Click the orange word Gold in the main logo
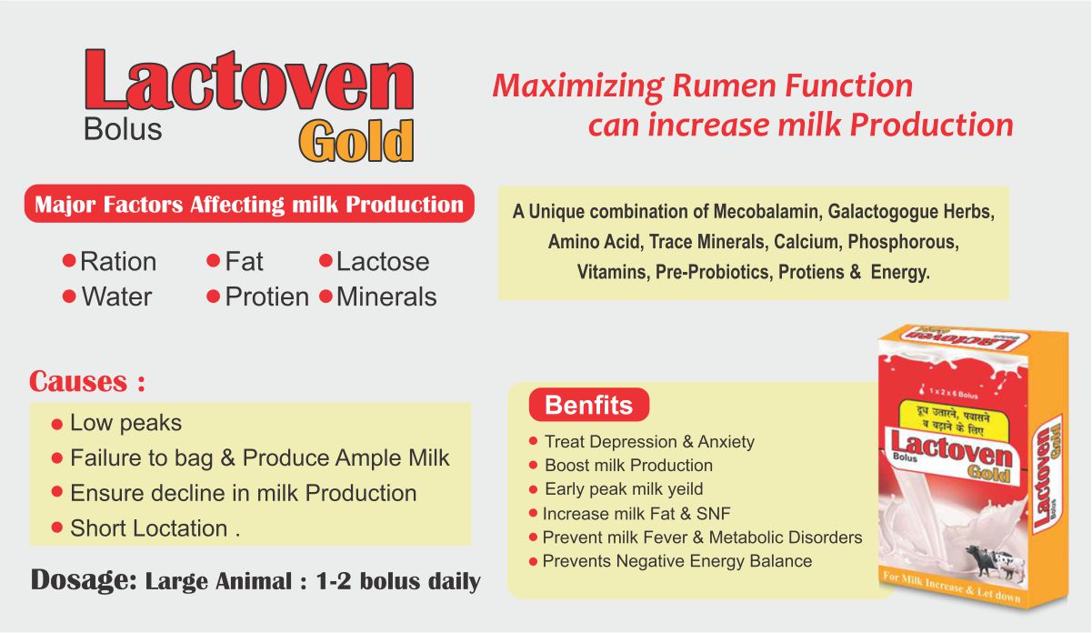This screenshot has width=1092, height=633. click(x=356, y=141)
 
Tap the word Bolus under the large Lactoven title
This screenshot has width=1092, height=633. click(x=123, y=130)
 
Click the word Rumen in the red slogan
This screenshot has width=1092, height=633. click(x=725, y=85)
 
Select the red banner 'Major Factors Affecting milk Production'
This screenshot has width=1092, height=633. click(x=249, y=204)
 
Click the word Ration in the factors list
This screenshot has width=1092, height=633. click(x=118, y=261)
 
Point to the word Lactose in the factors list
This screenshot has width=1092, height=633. click(x=383, y=261)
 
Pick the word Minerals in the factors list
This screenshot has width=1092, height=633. click(x=386, y=296)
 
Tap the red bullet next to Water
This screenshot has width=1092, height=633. click(x=69, y=296)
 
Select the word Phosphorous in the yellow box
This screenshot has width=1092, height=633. click(x=903, y=241)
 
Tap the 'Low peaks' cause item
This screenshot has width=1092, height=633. click(x=125, y=423)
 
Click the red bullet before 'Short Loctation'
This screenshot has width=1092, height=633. click(x=57, y=527)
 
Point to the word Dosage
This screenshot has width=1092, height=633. click(x=84, y=580)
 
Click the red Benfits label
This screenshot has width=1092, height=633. click(x=589, y=405)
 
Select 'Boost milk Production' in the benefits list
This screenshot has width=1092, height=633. click(x=628, y=466)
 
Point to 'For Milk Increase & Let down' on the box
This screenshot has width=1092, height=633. click(x=952, y=588)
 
